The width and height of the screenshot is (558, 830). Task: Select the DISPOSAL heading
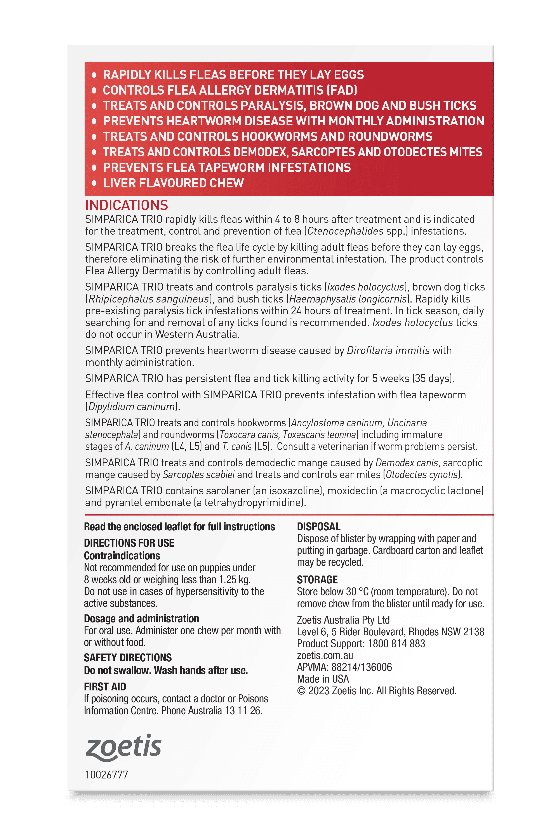pos(318,527)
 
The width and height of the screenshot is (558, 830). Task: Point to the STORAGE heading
pos(317,580)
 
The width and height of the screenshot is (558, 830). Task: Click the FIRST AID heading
pos(105,687)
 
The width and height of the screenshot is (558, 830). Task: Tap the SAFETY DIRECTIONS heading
pos(128,657)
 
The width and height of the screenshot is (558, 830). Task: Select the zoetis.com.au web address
pos(325,655)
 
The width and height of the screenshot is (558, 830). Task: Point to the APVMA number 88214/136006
pos(361,667)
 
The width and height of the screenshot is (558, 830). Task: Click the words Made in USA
pos(323,679)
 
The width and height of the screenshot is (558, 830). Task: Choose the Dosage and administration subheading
pos(141,619)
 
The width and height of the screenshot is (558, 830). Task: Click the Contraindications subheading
pos(122,556)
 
